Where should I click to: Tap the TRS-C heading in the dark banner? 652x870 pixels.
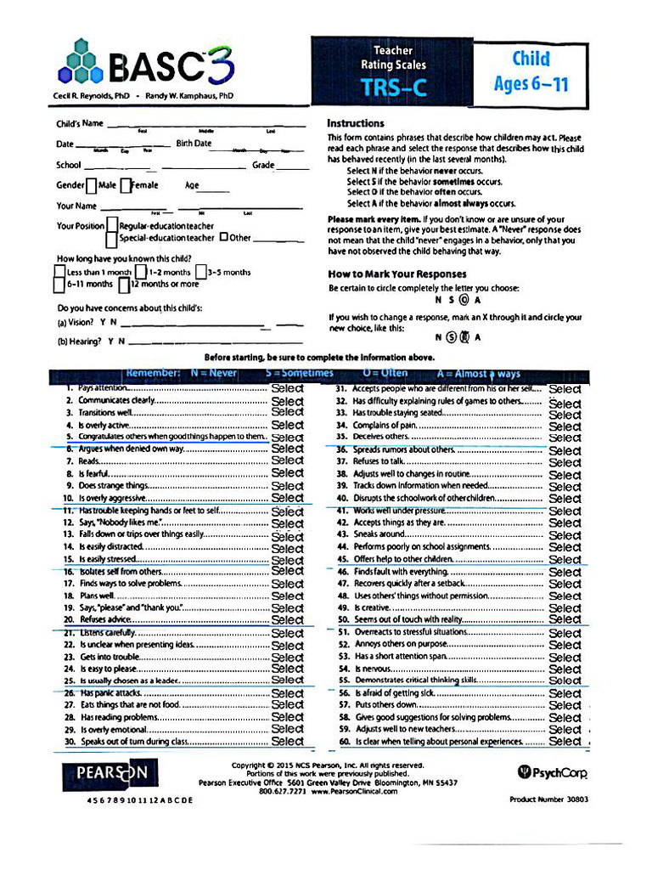(393, 88)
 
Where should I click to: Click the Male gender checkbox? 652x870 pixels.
(91, 185)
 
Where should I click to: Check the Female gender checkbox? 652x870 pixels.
(125, 185)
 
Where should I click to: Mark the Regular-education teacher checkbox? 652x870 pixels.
(112, 226)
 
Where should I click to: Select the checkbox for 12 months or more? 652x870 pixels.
(136, 284)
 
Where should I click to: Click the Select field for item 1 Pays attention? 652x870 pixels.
(287, 388)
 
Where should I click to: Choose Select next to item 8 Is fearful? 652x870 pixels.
(287, 472)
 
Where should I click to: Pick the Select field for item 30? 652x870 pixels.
(287, 741)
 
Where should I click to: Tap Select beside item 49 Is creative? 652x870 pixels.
(565, 608)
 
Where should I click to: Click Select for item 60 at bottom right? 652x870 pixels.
(565, 741)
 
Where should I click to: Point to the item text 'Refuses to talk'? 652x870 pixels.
(379, 461)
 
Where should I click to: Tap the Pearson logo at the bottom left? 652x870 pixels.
(104, 773)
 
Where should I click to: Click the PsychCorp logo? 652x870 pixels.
(553, 771)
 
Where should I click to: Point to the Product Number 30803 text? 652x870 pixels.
(548, 799)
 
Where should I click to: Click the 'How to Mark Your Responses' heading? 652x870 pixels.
(397, 274)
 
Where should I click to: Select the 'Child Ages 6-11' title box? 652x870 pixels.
(531, 71)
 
